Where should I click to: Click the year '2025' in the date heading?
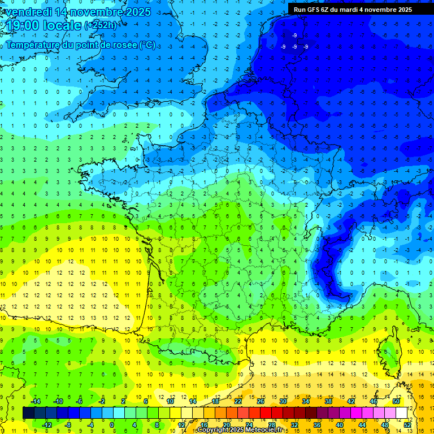pyautogui.click(x=137, y=12)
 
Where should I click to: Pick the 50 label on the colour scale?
pyautogui.click(x=396, y=401)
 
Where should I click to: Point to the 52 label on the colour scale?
pyautogui.click(x=407, y=425)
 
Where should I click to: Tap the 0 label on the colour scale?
pyautogui.click(x=112, y=425)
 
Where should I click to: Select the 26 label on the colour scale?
pyautogui.click(x=261, y=401)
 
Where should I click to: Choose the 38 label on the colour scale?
pyautogui.click(x=328, y=401)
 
